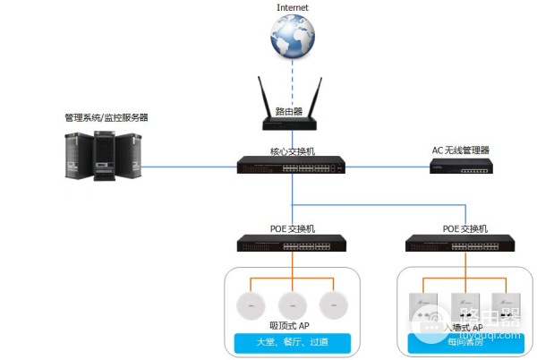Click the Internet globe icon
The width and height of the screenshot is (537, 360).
click(x=293, y=39)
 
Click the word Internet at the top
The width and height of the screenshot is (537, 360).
click(x=293, y=7)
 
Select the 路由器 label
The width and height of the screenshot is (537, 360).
click(x=289, y=111)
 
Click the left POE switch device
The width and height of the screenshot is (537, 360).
click(x=292, y=242)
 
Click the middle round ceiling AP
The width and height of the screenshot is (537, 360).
click(x=292, y=304)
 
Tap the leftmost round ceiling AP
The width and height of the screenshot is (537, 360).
click(x=246, y=304)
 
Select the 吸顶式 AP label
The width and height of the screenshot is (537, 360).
click(x=290, y=326)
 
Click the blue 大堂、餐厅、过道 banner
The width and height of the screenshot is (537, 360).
click(x=291, y=343)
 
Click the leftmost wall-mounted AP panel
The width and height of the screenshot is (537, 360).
click(x=420, y=306)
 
